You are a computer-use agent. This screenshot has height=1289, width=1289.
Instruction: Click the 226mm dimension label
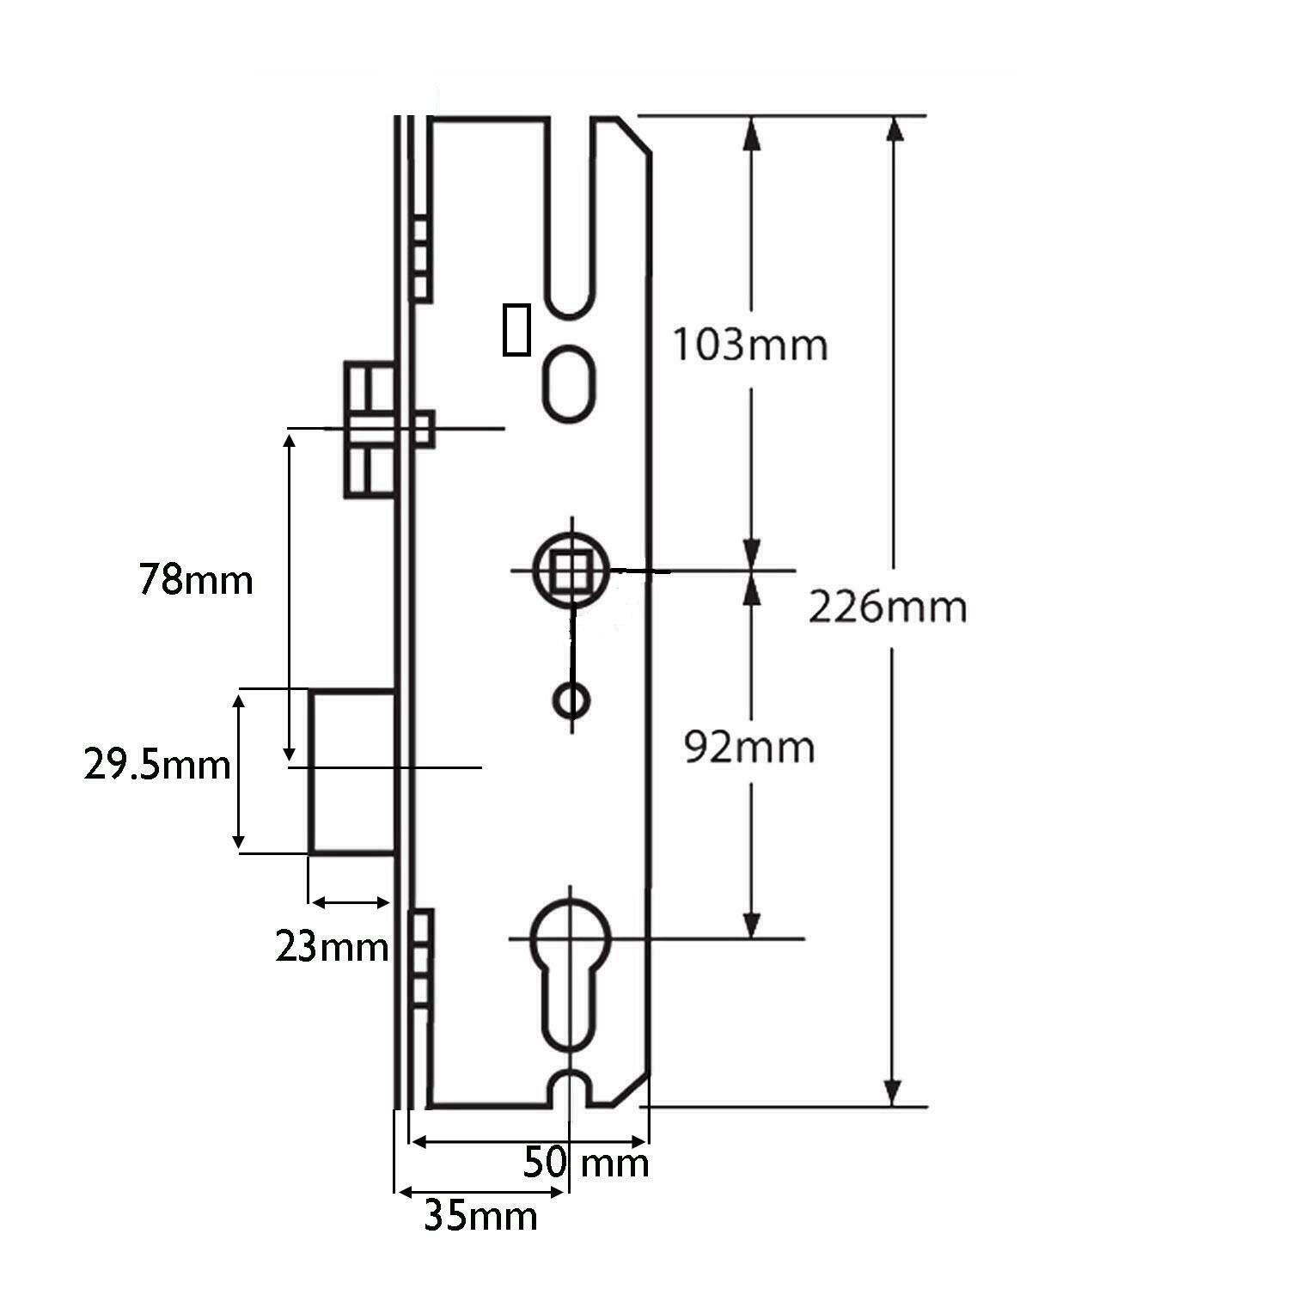point(888,608)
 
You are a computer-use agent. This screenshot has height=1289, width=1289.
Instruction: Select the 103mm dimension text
point(749,345)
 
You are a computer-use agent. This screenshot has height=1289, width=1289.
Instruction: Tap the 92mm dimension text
point(749,748)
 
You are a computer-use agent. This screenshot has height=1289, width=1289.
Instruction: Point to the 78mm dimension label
point(196,580)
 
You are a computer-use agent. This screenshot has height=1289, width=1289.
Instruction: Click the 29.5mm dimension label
point(157,764)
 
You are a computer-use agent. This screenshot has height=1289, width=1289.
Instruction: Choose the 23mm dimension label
point(332,948)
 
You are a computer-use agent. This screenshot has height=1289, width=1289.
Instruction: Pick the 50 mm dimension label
point(586,1164)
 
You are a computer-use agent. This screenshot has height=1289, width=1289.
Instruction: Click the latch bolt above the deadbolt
point(370,430)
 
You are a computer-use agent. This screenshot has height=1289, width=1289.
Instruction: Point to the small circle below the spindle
point(571,700)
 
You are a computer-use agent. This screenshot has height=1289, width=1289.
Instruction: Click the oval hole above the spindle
point(571,382)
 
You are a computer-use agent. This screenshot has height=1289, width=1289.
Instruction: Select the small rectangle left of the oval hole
point(516,328)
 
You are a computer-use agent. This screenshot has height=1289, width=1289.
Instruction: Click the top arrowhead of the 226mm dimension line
point(895,129)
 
